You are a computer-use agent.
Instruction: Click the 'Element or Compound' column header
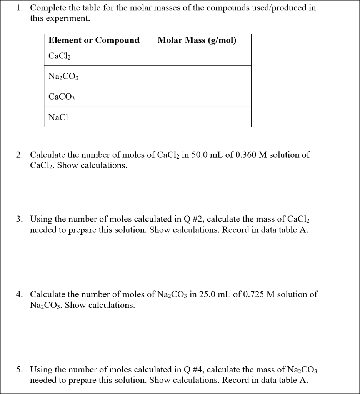click(94, 40)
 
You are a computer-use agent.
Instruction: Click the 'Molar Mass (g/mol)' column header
click(197, 40)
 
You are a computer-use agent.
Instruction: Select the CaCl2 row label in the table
click(60, 56)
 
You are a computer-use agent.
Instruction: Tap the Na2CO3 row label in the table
click(63, 76)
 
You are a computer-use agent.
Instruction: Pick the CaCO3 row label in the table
click(62, 97)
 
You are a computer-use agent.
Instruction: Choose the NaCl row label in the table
click(58, 117)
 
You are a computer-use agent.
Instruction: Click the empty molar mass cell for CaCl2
click(202, 56)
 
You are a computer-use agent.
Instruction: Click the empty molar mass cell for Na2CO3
click(202, 76)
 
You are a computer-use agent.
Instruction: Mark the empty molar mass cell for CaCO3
click(202, 96)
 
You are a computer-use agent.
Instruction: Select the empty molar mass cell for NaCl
click(202, 117)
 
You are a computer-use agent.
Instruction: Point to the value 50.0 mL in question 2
click(213, 155)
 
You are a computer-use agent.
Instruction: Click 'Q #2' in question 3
click(194, 219)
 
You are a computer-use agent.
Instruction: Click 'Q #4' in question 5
click(194, 370)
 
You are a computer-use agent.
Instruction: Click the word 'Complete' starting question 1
click(47, 8)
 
